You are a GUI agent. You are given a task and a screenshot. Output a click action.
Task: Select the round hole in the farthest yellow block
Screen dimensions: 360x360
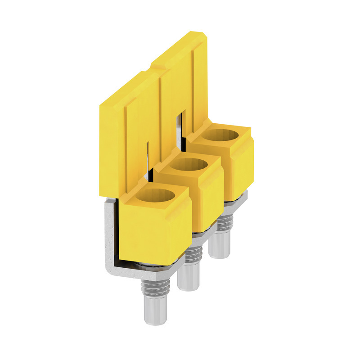click(x=222, y=135)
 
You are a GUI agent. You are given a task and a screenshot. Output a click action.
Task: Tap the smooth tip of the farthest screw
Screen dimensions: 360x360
click(x=220, y=247)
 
